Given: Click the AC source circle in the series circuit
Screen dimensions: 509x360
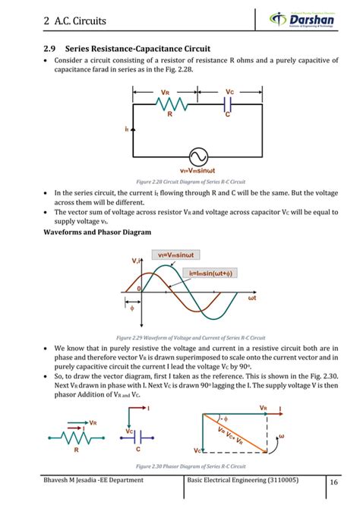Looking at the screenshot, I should click(198, 156).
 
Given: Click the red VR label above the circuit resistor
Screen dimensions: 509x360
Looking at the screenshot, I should click(165, 94).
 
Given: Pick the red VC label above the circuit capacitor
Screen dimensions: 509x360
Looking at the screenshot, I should click(229, 93).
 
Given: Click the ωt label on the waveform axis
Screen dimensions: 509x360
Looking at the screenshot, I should click(254, 299).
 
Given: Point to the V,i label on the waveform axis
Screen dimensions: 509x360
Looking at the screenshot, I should click(137, 261).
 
